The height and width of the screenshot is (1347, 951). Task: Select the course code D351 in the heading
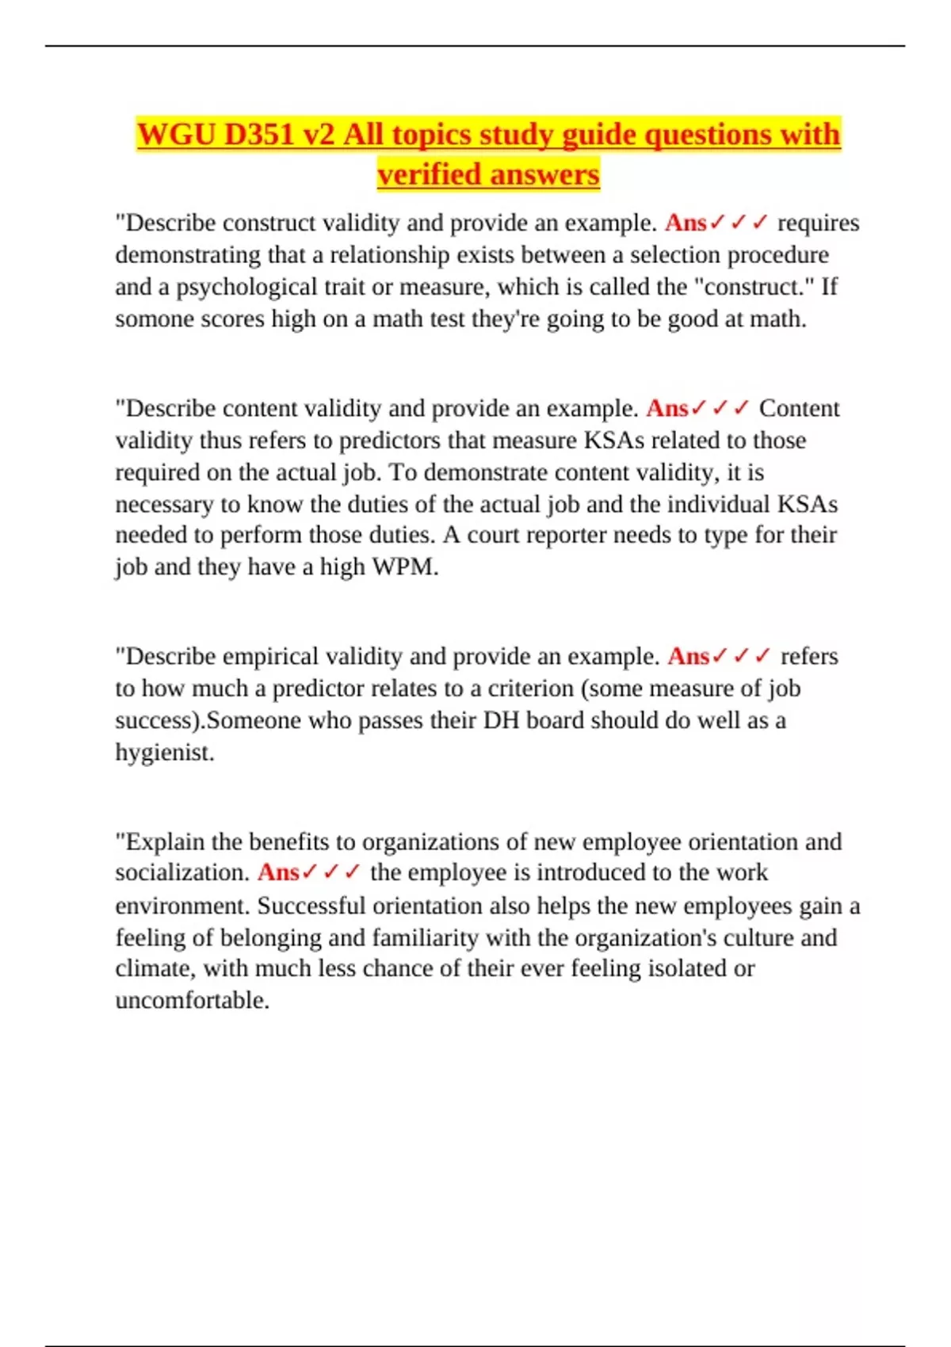(x=259, y=135)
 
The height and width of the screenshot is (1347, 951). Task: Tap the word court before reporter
(x=494, y=535)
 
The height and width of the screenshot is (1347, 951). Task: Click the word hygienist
(x=164, y=753)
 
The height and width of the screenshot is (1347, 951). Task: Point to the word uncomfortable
(x=192, y=1001)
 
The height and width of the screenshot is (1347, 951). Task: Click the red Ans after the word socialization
(x=278, y=873)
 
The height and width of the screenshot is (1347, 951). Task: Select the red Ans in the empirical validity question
(x=688, y=657)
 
